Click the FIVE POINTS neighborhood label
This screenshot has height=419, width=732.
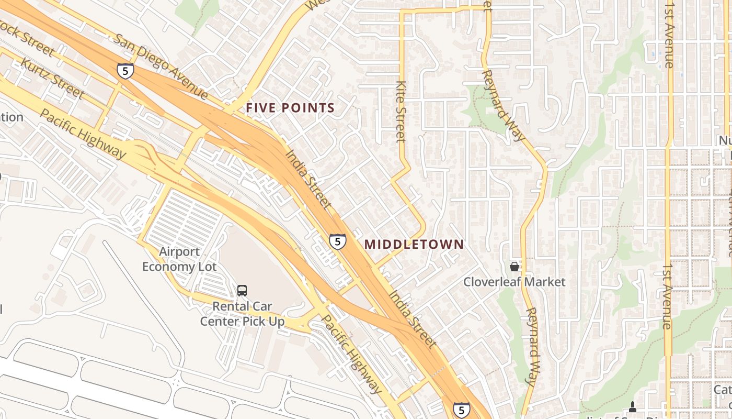click(x=290, y=108)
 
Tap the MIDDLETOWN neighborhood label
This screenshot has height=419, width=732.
click(x=414, y=244)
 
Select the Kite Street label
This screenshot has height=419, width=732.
click(x=401, y=111)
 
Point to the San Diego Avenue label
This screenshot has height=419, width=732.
click(x=162, y=67)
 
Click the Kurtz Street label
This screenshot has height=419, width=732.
click(x=52, y=78)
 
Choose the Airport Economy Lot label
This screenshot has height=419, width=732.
click(x=179, y=259)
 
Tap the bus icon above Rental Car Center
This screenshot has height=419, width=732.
click(x=242, y=290)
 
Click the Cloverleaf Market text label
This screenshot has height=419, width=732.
click(x=514, y=282)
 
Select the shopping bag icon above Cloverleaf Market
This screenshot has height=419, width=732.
click(x=514, y=267)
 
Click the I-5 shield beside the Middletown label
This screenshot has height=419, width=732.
click(x=338, y=241)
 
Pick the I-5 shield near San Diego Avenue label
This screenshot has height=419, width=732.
click(x=125, y=71)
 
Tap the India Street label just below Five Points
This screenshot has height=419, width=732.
click(x=308, y=178)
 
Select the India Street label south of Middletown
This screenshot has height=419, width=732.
click(x=412, y=318)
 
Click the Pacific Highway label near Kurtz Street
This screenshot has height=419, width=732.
click(x=83, y=134)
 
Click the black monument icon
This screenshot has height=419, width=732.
click(x=633, y=406)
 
